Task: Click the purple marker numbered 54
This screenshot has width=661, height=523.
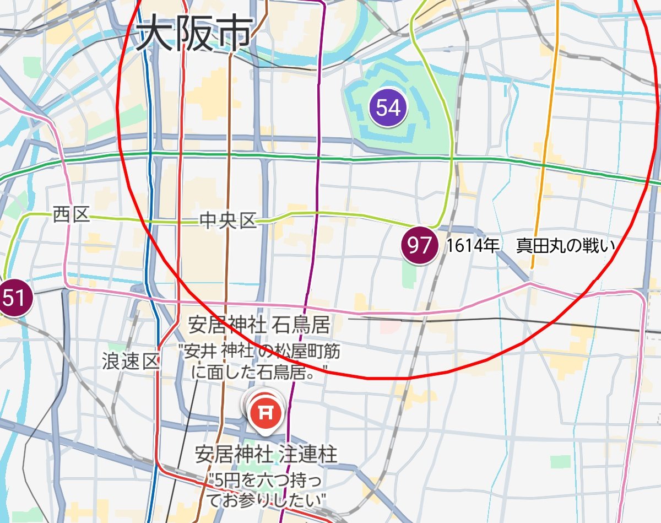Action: click(x=388, y=107)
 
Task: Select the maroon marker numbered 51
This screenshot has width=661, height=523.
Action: click(x=13, y=298)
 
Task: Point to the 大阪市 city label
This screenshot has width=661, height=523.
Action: click(x=194, y=34)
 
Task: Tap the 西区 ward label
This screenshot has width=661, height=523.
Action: click(x=72, y=214)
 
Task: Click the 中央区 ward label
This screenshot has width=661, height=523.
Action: click(x=228, y=222)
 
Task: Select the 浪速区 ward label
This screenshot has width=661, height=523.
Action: click(x=131, y=362)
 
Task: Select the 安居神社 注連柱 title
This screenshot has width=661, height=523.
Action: click(x=266, y=455)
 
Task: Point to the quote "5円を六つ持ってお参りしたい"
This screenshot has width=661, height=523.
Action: click(x=266, y=490)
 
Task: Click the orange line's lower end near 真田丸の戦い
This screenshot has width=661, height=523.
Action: click(x=532, y=268)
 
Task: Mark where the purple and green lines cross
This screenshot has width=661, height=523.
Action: click(x=319, y=158)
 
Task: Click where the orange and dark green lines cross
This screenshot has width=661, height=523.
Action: click(x=543, y=164)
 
